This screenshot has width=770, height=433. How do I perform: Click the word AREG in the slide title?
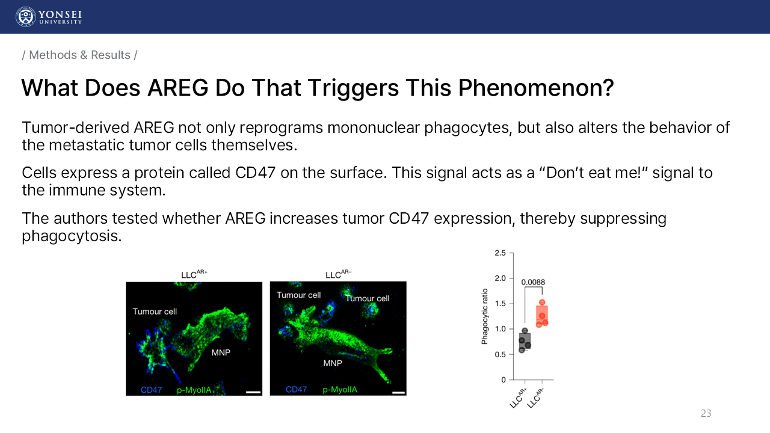177,88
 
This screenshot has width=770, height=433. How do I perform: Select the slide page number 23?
706,413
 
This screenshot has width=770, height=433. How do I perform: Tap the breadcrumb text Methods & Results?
80,55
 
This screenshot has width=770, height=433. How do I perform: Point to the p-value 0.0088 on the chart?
533,282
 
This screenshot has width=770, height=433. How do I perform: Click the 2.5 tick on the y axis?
500,253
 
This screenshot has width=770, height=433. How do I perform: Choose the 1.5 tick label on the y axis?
500,304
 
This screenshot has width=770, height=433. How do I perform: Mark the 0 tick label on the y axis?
504,379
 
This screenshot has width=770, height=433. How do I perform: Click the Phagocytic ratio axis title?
485,316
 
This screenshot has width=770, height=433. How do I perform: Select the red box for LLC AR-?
542,316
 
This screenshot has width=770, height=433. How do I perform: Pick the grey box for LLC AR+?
525,341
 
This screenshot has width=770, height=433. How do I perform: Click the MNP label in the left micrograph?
221,352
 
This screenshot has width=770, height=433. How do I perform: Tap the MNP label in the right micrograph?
333,363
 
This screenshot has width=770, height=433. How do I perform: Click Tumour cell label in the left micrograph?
155,312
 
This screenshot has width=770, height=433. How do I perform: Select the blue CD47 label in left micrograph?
151,390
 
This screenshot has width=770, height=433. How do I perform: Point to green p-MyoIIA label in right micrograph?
340,390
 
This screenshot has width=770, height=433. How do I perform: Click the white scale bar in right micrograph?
398,393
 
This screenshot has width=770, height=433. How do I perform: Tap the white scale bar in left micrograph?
253,392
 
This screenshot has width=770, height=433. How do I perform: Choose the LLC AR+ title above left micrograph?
194,274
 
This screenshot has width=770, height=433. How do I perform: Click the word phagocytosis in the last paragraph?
72,236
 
